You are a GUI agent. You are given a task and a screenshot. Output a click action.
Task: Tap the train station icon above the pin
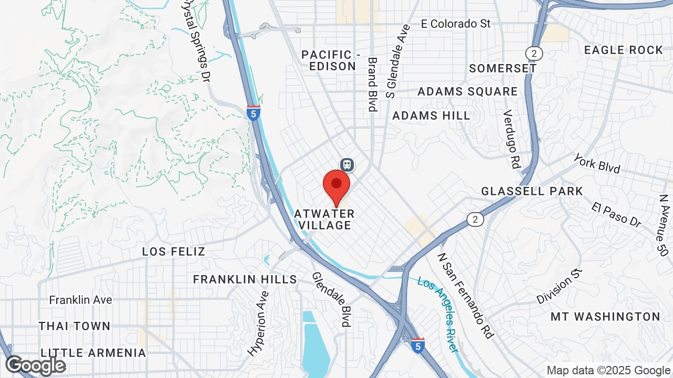coord(346,164)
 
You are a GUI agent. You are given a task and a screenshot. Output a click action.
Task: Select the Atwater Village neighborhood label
coord(324,219)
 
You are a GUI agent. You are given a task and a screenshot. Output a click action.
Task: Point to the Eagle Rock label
coord(624,50)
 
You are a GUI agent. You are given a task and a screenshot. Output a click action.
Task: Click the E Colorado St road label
coord(456,24)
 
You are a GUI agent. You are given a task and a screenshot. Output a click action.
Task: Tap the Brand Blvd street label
coord(372,84)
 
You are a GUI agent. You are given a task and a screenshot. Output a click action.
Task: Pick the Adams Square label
coord(467,91)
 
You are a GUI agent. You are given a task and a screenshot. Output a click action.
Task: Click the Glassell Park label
coord(532,191)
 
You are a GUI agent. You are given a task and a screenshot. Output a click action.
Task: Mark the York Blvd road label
coord(597,163)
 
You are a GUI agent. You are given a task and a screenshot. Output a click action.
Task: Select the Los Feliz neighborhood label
coord(174,251)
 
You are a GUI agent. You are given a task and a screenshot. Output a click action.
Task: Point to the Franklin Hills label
coord(245,279)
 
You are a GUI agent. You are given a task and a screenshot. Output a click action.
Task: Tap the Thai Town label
coord(75,326)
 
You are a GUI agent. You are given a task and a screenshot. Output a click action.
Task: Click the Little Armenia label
coord(93,352)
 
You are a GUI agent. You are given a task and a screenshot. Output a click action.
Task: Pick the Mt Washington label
coord(605,317)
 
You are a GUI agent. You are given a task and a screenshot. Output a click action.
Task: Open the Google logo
coord(35,365)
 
